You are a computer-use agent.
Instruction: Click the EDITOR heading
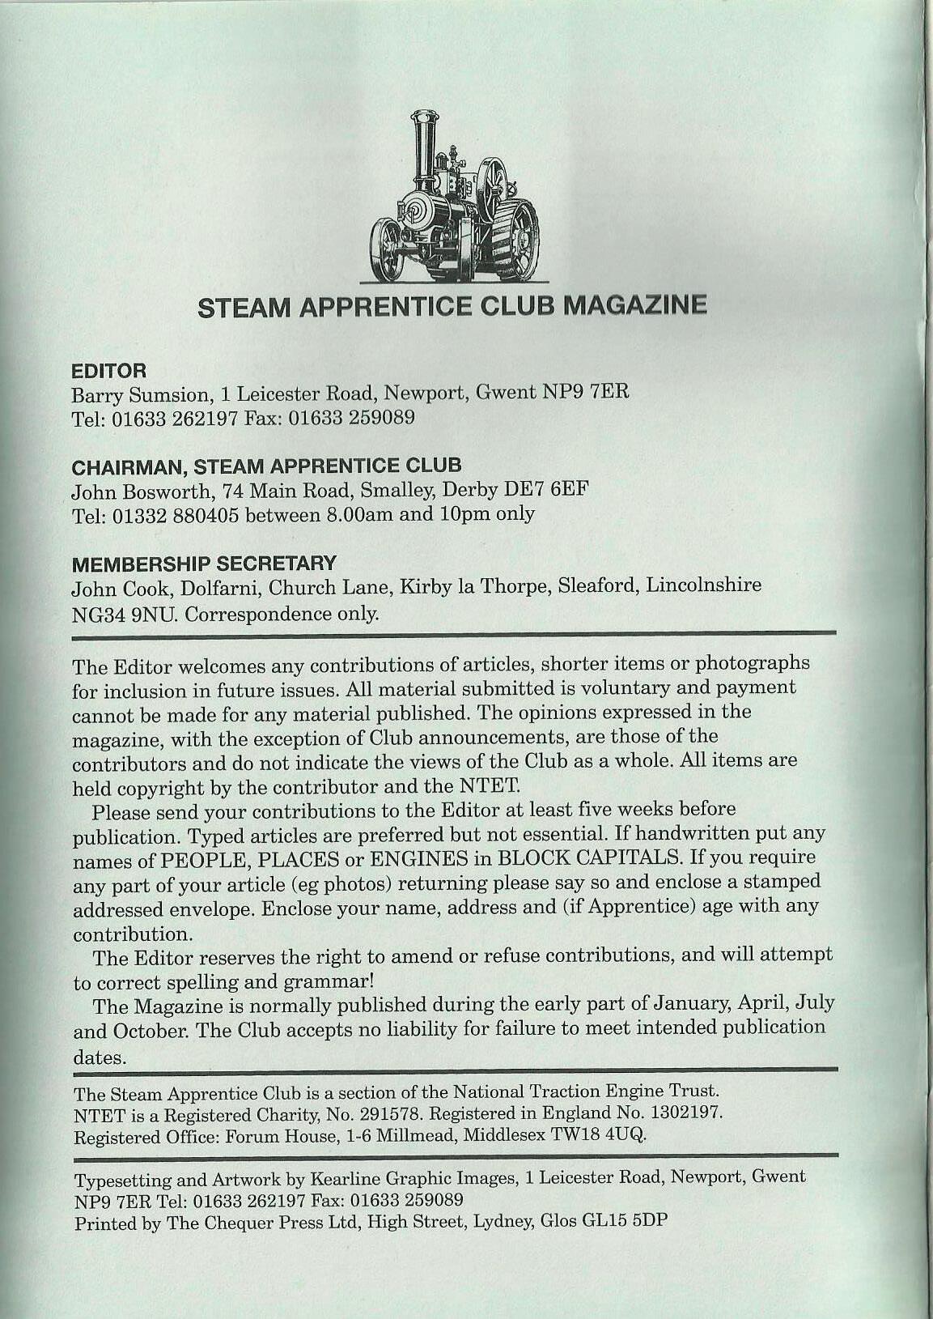[x=109, y=371]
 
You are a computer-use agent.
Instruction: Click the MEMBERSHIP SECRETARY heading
[x=204, y=562]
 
